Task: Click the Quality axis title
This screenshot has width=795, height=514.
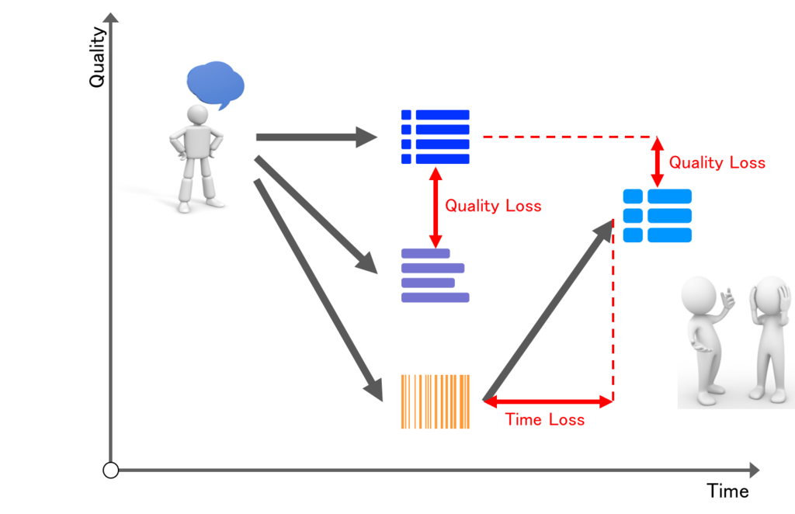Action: pyautogui.click(x=97, y=57)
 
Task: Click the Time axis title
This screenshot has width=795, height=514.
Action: pyautogui.click(x=727, y=491)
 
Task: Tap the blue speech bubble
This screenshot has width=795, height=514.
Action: pyautogui.click(x=216, y=85)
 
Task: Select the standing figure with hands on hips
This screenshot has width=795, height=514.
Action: pyautogui.click(x=196, y=158)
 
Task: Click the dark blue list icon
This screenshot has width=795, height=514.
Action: pyautogui.click(x=435, y=137)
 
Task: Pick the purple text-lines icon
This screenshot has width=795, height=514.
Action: pyautogui.click(x=435, y=276)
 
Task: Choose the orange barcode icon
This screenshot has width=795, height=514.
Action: pyautogui.click(x=435, y=401)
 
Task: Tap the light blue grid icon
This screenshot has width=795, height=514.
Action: pyautogui.click(x=657, y=215)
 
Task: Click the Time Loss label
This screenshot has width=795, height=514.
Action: pyautogui.click(x=544, y=420)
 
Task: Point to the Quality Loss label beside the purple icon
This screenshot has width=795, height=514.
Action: pyautogui.click(x=493, y=206)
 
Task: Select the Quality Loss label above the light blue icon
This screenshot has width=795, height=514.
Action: pyautogui.click(x=717, y=163)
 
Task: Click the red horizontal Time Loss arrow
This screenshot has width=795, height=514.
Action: pyautogui.click(x=548, y=402)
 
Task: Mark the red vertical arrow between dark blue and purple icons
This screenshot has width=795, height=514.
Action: pyautogui.click(x=436, y=207)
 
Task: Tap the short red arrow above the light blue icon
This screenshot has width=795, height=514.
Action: pyautogui.click(x=658, y=162)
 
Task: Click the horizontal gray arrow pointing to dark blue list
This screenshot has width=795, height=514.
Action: pyautogui.click(x=317, y=137)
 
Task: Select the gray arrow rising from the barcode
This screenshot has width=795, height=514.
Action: pyautogui.click(x=548, y=310)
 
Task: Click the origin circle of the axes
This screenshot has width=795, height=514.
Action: pyautogui.click(x=110, y=471)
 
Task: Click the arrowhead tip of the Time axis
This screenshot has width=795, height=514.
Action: pyautogui.click(x=759, y=471)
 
